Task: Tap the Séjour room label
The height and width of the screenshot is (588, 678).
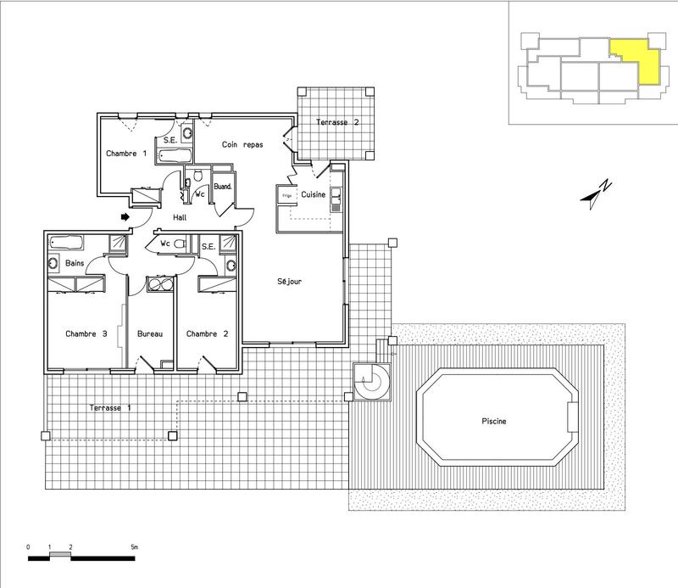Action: pyautogui.click(x=290, y=282)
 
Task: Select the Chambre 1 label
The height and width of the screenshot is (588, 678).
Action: pyautogui.click(x=126, y=154)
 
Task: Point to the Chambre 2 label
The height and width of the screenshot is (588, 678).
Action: pyautogui.click(x=208, y=333)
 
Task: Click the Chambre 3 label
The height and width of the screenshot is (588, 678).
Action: pyautogui.click(x=86, y=333)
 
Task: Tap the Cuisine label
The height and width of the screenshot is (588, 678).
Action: pyautogui.click(x=314, y=194)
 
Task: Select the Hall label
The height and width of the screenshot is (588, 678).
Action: pyautogui.click(x=179, y=218)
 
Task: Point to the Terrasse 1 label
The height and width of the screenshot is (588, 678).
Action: pyautogui.click(x=110, y=409)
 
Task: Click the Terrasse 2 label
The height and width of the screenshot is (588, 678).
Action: pyautogui.click(x=337, y=123)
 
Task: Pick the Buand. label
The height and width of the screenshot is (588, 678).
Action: pyautogui.click(x=223, y=186)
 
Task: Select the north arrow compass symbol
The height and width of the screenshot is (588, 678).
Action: pyautogui.click(x=597, y=193)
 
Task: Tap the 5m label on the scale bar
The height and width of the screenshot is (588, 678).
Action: pyautogui.click(x=133, y=547)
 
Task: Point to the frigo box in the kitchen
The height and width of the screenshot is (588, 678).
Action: pyautogui.click(x=282, y=194)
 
